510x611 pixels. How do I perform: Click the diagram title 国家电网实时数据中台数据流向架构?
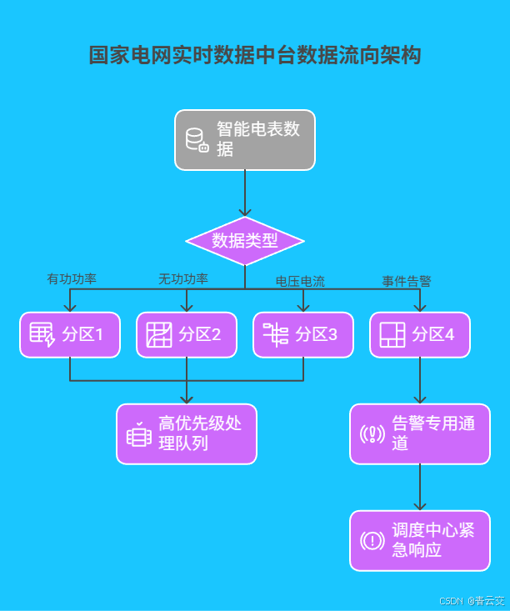255,56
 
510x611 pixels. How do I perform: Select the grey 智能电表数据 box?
245,140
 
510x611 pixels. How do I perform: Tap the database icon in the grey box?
197,140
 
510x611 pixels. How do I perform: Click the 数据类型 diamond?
244,241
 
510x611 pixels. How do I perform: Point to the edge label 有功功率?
72,278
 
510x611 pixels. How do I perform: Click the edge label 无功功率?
183,278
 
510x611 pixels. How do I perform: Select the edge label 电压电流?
300,281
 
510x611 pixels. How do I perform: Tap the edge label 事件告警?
407,281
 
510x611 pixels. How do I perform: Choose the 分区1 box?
70,335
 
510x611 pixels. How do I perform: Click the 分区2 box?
187,335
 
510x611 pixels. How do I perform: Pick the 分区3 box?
303,335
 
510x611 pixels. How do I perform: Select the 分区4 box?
420,335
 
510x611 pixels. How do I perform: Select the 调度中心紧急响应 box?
420,541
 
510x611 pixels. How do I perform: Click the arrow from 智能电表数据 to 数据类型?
245,193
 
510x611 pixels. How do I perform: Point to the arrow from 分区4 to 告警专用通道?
420,381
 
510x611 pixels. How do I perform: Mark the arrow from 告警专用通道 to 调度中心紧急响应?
420,488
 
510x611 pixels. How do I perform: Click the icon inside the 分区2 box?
159,335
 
